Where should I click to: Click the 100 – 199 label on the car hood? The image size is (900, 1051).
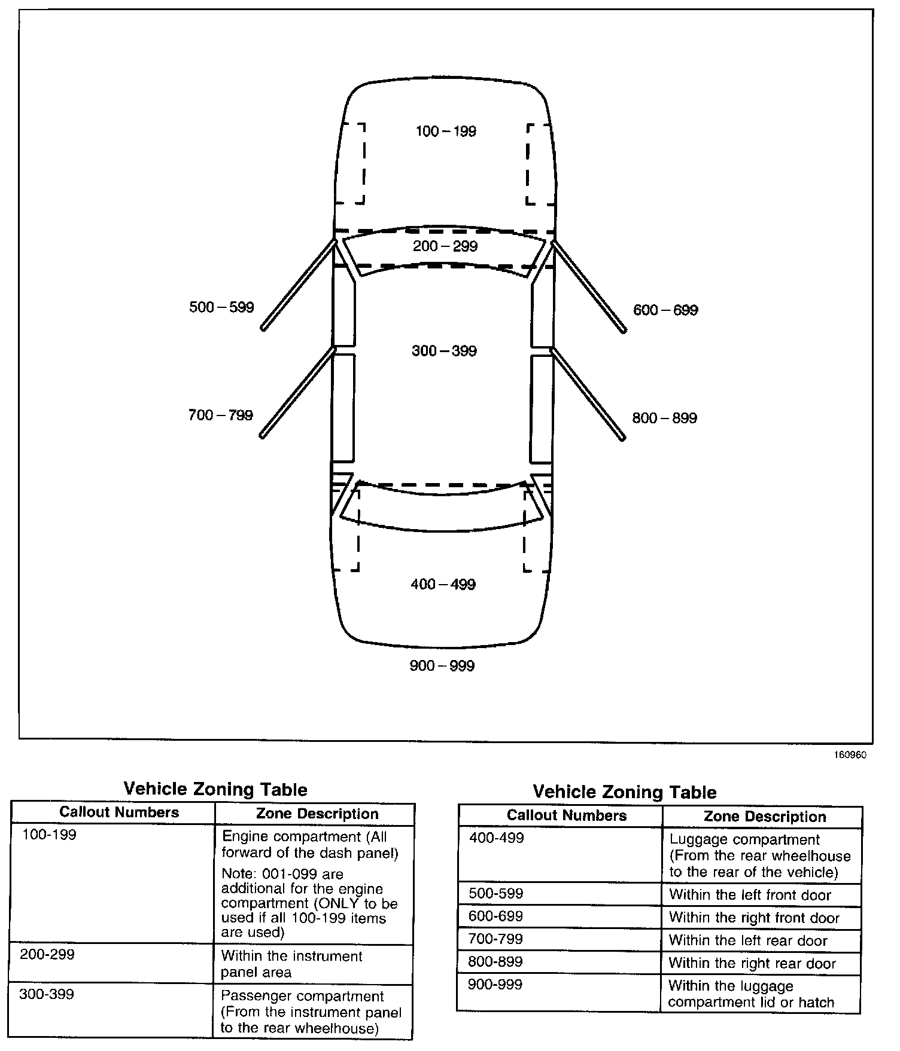(x=446, y=131)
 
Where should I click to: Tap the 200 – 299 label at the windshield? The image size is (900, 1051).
(x=445, y=246)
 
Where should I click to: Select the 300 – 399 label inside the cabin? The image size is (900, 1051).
(x=444, y=350)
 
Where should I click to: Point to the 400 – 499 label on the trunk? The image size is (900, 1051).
(x=443, y=584)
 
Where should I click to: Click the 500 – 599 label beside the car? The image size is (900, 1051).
(x=221, y=307)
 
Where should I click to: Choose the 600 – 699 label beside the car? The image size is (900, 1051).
(x=665, y=310)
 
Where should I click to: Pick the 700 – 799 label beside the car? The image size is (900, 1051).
(x=221, y=415)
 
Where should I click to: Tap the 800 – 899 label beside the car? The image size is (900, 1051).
(x=664, y=418)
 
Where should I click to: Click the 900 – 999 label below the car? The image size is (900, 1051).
(x=442, y=665)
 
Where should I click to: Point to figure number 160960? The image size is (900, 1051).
(x=850, y=755)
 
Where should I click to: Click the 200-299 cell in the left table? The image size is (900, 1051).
(x=47, y=955)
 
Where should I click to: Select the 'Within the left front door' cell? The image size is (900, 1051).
(x=750, y=895)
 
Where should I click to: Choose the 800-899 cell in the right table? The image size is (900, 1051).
(x=495, y=962)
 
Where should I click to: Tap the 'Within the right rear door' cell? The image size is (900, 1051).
(x=752, y=963)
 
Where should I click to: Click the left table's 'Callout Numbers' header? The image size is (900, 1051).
(x=119, y=812)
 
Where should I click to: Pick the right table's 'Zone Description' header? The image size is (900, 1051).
(x=765, y=817)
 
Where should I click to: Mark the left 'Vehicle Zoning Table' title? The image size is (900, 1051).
(x=215, y=789)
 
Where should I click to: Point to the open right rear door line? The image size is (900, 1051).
(x=588, y=394)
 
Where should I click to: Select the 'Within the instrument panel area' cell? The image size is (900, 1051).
(x=291, y=964)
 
